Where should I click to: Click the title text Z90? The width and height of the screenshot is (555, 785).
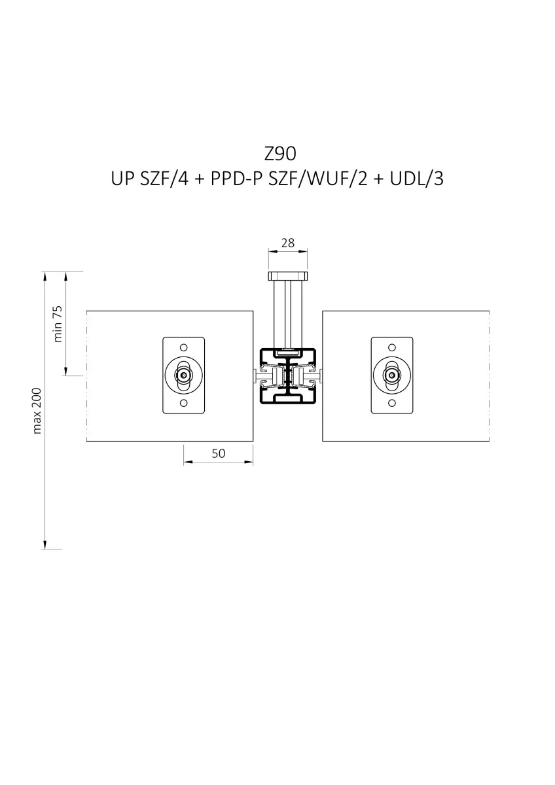tap(280, 154)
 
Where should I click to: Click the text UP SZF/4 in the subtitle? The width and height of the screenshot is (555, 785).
tap(150, 179)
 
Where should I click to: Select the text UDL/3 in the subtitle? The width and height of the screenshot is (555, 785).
tap(416, 179)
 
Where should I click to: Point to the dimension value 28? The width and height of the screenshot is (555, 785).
tap(288, 243)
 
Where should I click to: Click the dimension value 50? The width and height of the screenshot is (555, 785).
tap(218, 453)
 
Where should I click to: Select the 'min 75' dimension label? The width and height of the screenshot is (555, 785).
tap(58, 324)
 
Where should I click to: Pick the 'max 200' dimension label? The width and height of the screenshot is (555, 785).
tap(37, 411)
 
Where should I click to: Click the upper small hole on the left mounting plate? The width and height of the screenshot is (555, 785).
tap(183, 347)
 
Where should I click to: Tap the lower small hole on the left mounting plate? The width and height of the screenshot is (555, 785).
tap(183, 403)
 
